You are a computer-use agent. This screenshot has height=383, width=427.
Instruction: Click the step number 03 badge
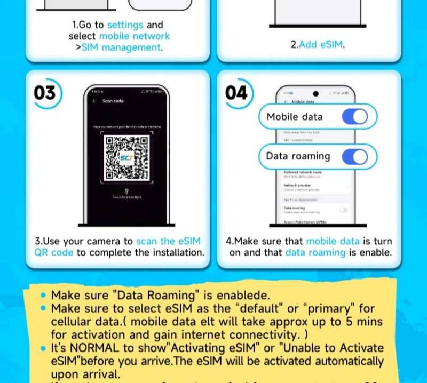click(x=44, y=93)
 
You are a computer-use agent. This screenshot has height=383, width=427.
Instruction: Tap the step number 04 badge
click(x=236, y=93)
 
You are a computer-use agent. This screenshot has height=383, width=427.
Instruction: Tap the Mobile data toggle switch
click(x=355, y=117)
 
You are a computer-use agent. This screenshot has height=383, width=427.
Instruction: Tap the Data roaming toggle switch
click(x=355, y=156)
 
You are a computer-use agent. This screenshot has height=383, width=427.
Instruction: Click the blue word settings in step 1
click(x=125, y=25)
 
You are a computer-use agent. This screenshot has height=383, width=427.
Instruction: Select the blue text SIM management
click(x=121, y=47)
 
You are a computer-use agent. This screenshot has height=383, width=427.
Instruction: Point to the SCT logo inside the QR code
click(x=126, y=158)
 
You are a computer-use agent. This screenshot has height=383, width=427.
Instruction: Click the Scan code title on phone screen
click(x=113, y=101)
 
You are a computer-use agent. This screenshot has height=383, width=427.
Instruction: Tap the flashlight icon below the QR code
click(x=126, y=191)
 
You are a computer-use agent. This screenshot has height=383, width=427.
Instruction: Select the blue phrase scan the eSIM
click(x=168, y=241)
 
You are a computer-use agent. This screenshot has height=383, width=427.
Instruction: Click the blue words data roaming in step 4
click(x=315, y=252)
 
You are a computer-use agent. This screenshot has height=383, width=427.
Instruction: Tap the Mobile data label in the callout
click(x=295, y=117)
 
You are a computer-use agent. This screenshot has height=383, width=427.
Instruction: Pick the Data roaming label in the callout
click(x=298, y=156)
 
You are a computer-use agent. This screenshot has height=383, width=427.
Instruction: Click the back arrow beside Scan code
click(x=94, y=101)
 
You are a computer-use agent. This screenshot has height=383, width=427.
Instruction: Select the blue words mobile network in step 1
click(x=135, y=36)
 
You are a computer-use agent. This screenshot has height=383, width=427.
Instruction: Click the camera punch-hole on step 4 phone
click(x=315, y=93)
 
